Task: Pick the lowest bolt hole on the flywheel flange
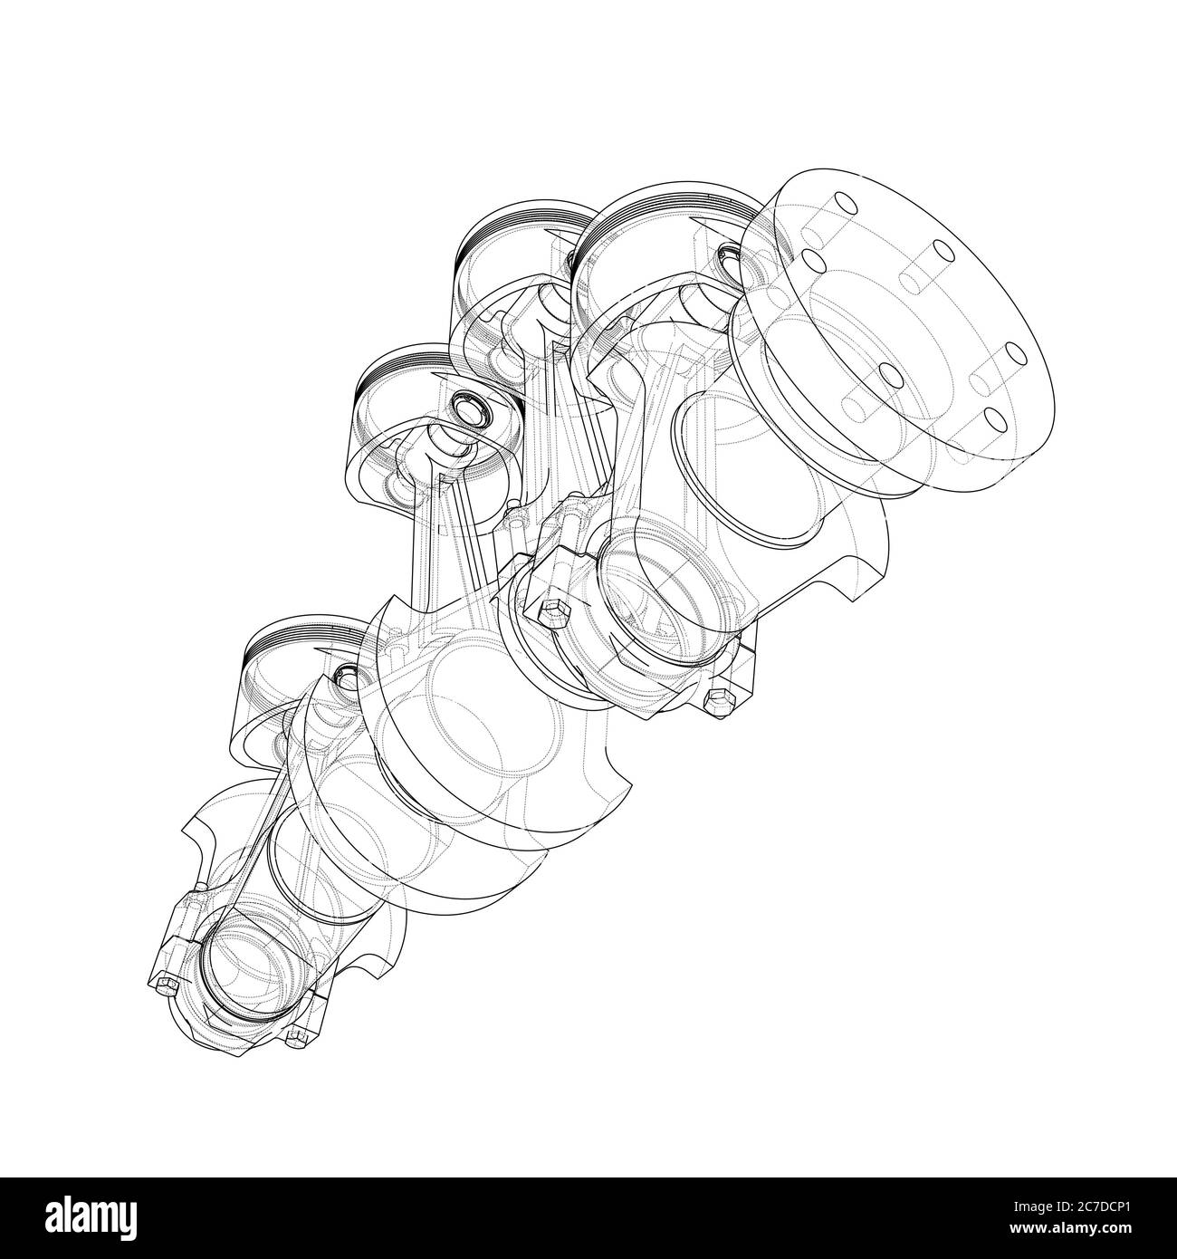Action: (x=993, y=418)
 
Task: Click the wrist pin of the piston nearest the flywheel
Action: (x=731, y=260)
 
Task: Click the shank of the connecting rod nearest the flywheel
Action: (x=634, y=408)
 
